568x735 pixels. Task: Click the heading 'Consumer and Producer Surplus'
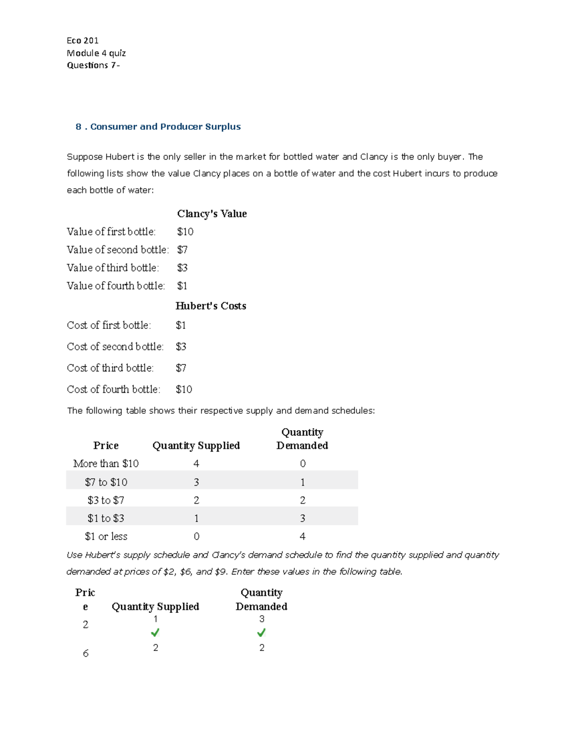click(x=165, y=127)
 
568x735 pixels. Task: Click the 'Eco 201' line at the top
click(x=82, y=41)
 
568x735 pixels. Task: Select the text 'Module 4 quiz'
click(x=96, y=53)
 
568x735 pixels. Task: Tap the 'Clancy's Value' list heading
click(x=212, y=214)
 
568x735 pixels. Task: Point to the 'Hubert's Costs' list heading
click(x=211, y=306)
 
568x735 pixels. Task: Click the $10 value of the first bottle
click(x=185, y=232)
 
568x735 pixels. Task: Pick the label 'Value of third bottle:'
click(x=113, y=268)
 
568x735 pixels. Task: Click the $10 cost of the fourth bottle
click(x=184, y=390)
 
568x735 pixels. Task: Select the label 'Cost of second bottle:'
click(x=115, y=347)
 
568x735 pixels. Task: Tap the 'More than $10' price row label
click(x=106, y=464)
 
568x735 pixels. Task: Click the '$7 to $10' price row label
click(x=106, y=482)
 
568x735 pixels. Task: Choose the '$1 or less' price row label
click(x=106, y=537)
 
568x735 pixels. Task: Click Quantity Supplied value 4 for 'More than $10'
click(x=196, y=464)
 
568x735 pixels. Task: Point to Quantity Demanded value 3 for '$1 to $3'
click(x=302, y=519)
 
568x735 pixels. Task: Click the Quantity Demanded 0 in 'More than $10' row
click(x=302, y=464)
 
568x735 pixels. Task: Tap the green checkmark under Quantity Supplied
click(x=155, y=633)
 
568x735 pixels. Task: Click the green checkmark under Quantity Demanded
click(x=261, y=633)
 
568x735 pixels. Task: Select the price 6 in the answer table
click(x=86, y=654)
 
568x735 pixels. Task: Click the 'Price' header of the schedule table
click(x=106, y=446)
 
